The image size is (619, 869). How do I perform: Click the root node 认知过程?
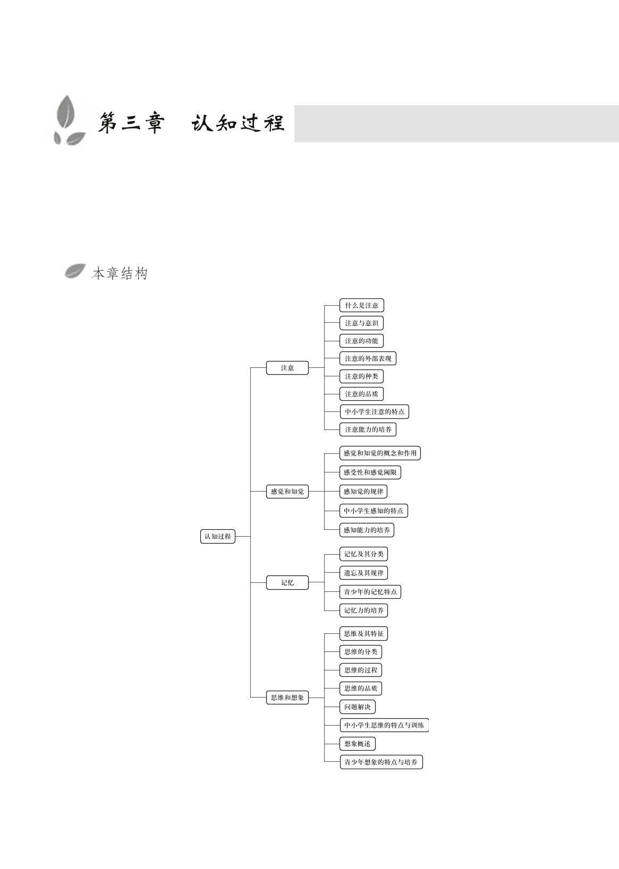pyautogui.click(x=218, y=537)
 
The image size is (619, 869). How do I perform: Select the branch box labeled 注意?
pyautogui.click(x=287, y=368)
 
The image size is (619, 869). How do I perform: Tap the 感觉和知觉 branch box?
pyautogui.click(x=287, y=492)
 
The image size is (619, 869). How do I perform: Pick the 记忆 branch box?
pyautogui.click(x=287, y=583)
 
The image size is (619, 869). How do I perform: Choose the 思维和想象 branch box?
pyautogui.click(x=287, y=698)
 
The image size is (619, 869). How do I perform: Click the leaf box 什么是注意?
pyautogui.click(x=361, y=305)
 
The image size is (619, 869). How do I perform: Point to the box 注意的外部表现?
pyautogui.click(x=368, y=358)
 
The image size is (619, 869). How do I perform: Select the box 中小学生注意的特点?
pyautogui.click(x=375, y=411)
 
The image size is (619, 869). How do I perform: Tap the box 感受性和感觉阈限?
pyautogui.click(x=370, y=472)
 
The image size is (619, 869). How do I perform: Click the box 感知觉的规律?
pyautogui.click(x=363, y=492)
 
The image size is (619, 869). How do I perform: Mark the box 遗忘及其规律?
pyautogui.click(x=363, y=573)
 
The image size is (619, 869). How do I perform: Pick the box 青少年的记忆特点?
pyautogui.click(x=370, y=592)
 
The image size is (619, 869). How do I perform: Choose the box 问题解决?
pyautogui.click(x=357, y=707)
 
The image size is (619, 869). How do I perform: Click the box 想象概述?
pyautogui.click(x=357, y=744)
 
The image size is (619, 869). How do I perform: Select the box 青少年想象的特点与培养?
pyautogui.click(x=381, y=762)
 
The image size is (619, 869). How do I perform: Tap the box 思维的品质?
pyautogui.click(x=361, y=689)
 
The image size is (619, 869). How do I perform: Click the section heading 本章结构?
pyautogui.click(x=120, y=273)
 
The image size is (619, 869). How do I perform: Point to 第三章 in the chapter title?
pyautogui.click(x=131, y=123)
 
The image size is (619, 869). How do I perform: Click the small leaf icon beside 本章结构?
pyautogui.click(x=75, y=271)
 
